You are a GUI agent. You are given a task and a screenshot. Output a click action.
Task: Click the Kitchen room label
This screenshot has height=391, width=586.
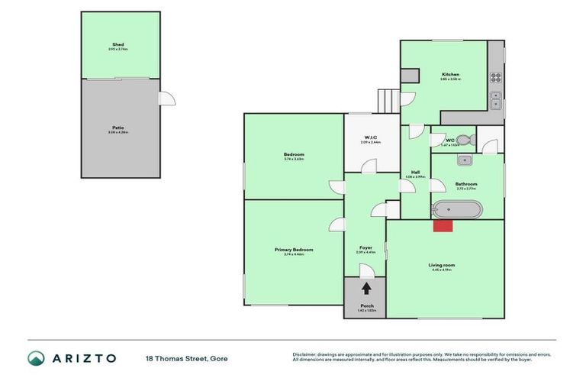449,74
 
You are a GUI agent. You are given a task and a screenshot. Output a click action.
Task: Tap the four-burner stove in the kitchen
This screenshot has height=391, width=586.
495,77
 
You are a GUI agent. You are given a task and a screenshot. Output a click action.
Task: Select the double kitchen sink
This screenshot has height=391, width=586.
495,101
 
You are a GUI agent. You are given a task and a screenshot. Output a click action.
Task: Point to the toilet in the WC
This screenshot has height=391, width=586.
466,140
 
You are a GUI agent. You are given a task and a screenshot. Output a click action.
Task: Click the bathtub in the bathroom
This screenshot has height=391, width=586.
456,209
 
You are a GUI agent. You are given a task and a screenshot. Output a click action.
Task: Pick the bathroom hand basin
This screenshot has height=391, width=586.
464,160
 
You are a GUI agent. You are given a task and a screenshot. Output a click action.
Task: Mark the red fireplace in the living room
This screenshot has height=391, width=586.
443,225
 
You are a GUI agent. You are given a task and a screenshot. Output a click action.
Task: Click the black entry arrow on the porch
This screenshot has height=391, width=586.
365,288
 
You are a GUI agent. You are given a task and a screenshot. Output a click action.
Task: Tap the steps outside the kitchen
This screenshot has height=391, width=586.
388,101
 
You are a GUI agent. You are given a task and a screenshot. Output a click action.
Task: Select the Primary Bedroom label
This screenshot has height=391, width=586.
294,250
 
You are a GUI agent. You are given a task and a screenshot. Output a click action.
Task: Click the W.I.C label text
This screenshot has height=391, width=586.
371,138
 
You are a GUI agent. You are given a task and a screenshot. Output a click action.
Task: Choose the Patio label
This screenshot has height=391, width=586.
118,128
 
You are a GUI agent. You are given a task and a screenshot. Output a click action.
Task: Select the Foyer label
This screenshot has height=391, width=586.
365,247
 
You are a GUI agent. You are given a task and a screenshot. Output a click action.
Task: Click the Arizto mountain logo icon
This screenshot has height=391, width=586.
36,357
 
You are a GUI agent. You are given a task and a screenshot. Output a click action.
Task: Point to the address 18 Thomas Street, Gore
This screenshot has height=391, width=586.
187,358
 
